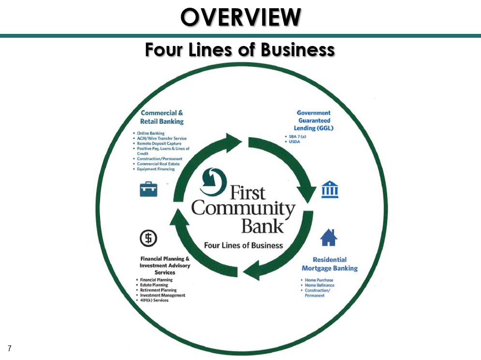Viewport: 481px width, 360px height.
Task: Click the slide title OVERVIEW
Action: pos(241,17)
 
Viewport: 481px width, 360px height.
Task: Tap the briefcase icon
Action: pos(148,189)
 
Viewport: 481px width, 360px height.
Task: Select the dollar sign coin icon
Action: pos(148,238)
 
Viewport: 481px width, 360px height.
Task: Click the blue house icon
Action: pos(329,238)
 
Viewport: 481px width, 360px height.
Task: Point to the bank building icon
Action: pos(330,189)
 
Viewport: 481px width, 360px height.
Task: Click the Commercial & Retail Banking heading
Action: pos(161,117)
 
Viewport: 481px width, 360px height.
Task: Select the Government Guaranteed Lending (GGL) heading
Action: pos(314,120)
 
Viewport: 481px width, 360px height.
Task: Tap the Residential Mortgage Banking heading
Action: pos(330,264)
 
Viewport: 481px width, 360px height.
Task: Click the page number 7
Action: pos(10,348)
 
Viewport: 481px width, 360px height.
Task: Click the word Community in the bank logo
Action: pos(243,209)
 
